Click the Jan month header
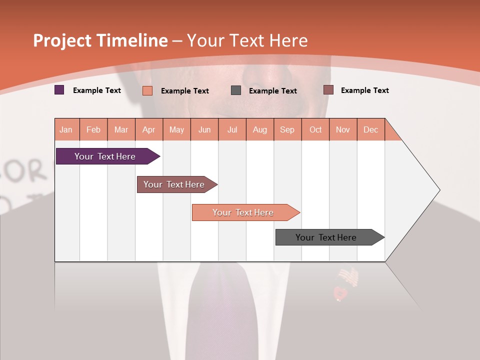coord(66,129)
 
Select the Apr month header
coord(149,129)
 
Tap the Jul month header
coord(232,129)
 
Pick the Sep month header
coord(287,129)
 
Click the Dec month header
coord(371,129)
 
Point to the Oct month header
coord(315,129)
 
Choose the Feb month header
coord(93,129)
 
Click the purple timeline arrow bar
coord(105,156)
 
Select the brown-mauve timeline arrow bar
coord(174,184)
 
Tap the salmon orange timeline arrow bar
coord(243,212)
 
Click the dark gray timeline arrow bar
coord(326,237)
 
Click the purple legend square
coord(59,90)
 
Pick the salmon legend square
coord(147,90)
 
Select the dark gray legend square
coord(236,90)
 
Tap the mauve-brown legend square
coord(328,90)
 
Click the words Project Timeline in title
coord(100,40)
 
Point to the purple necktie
coord(222,310)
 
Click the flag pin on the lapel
coord(348,276)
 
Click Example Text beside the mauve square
coord(364,90)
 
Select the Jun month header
coord(204,129)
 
